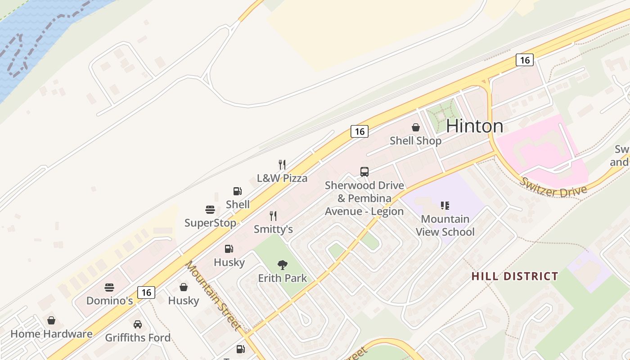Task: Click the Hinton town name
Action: [x=474, y=126]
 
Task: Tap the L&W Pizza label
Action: [x=282, y=178]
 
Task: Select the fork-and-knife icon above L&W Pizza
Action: [x=282, y=164]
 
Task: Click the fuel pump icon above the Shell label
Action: [x=238, y=191]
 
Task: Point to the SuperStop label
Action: [x=210, y=223]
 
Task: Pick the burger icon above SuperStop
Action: [x=210, y=210]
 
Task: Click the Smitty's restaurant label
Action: [x=273, y=229]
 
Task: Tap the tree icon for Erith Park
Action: [x=283, y=265]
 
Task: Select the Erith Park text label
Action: [x=283, y=279]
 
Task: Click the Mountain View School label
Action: [x=445, y=225]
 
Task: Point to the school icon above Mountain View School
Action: [x=445, y=206]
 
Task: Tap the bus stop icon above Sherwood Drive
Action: [x=364, y=172]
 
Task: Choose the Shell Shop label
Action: [x=415, y=141]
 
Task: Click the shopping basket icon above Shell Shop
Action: [x=416, y=127]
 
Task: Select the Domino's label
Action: [x=109, y=301]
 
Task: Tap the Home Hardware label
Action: [x=51, y=334]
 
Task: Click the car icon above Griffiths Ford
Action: [x=138, y=324]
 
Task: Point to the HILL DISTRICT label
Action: [x=515, y=276]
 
